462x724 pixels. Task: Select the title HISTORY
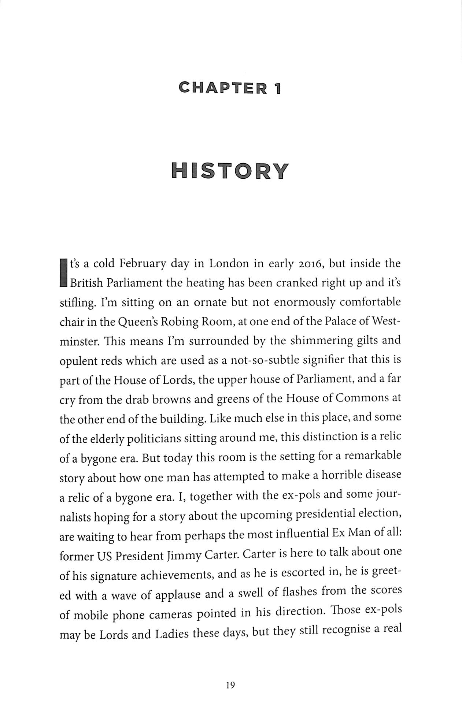tap(230, 171)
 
